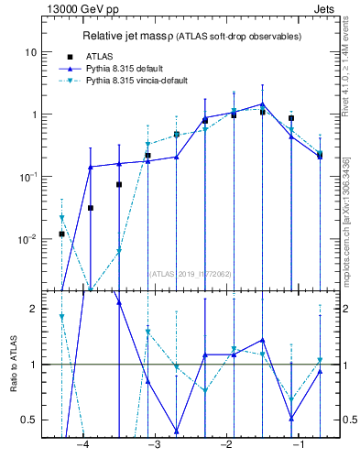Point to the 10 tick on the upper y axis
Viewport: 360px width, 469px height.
31,52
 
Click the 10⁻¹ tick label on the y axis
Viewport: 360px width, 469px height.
29,177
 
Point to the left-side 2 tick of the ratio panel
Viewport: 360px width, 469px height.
34,310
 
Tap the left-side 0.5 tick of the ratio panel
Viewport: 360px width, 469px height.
29,420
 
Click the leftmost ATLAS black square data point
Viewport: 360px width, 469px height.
61,234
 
